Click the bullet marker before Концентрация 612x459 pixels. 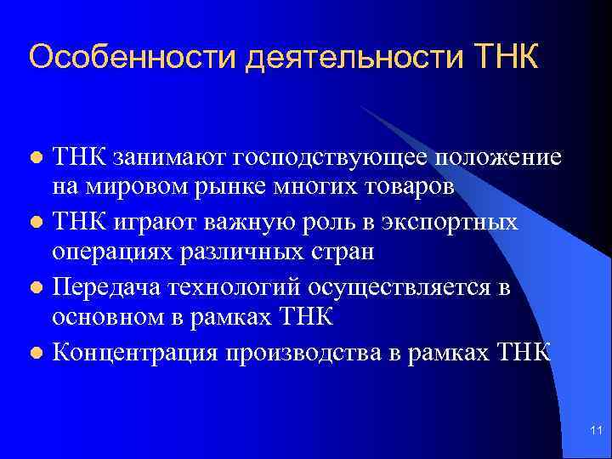[x=35, y=352]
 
